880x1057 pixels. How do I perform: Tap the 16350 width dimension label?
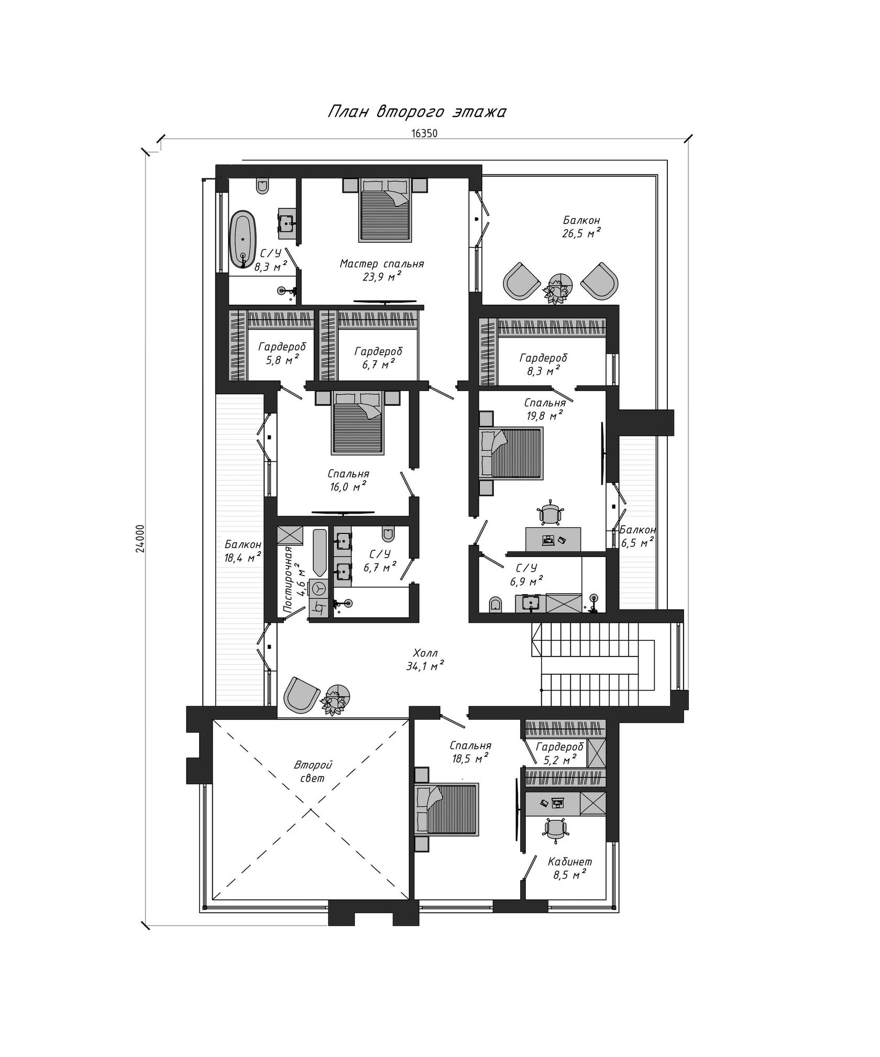pos(424,133)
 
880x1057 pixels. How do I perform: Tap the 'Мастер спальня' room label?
pos(382,264)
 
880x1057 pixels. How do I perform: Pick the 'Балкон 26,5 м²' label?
pos(581,227)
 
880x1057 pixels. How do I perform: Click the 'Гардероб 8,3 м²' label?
pos(543,364)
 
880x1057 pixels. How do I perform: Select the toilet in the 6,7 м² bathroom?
pos(388,533)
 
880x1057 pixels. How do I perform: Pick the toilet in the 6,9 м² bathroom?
pos(496,604)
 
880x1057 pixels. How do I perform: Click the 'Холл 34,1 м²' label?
pos(425,660)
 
